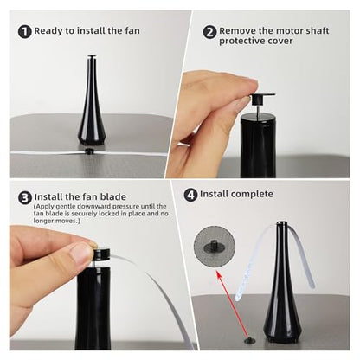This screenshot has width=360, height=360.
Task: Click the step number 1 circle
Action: point(23,33)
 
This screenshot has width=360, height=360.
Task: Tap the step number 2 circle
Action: point(209,32)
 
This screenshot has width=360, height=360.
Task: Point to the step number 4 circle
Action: point(190,194)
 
